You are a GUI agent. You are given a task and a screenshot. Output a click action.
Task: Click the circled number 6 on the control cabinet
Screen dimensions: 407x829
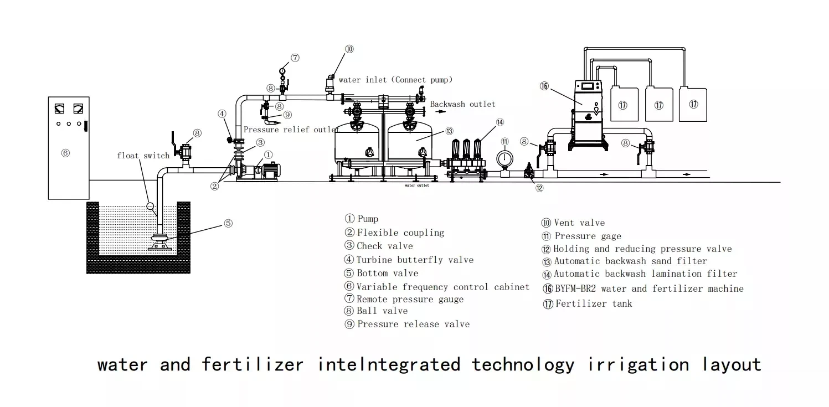point(65,153)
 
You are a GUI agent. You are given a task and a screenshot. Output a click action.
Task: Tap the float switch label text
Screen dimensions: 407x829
point(143,156)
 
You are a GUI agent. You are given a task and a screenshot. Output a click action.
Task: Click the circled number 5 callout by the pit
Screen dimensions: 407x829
point(228,224)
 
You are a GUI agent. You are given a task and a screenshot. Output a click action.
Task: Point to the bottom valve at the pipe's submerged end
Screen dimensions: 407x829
point(161,242)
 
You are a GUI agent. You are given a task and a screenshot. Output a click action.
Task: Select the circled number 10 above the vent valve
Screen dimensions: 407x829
point(349,49)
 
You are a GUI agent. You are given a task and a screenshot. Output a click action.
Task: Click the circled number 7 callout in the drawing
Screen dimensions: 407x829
point(295,58)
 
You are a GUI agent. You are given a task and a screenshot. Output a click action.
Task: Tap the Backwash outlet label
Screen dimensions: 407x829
point(462,104)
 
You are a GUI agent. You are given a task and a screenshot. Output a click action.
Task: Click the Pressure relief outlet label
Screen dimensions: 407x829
point(291,130)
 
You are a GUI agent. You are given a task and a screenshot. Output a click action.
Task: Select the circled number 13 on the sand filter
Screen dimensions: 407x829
point(450,131)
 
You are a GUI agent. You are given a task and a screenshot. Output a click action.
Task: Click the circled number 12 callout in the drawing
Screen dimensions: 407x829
point(539,188)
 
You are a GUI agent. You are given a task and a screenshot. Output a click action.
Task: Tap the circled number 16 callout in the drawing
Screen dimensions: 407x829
point(544,86)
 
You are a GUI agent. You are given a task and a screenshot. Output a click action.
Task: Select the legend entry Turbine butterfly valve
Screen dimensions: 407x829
point(409,260)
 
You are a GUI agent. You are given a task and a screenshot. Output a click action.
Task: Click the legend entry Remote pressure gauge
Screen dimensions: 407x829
point(404,299)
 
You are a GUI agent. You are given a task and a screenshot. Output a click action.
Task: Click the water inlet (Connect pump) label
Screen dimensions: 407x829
point(395,80)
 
